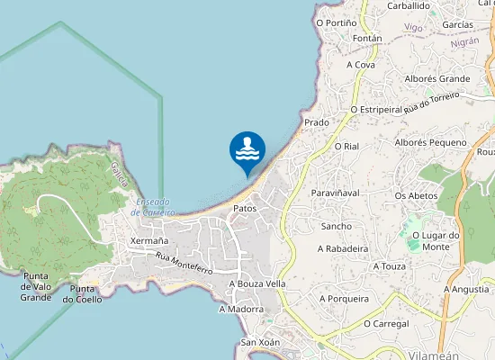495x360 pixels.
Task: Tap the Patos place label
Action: (x=245, y=208)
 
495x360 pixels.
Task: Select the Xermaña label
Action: (x=149, y=241)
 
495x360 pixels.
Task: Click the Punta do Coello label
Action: (x=83, y=293)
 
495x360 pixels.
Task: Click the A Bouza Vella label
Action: (x=257, y=283)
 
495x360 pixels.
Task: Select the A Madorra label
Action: (x=241, y=309)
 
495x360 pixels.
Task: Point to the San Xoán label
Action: (x=260, y=343)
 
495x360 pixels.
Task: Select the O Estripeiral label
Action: (x=376, y=109)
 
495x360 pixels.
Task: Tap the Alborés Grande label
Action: (x=437, y=79)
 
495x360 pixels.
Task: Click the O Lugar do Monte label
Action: (x=436, y=240)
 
